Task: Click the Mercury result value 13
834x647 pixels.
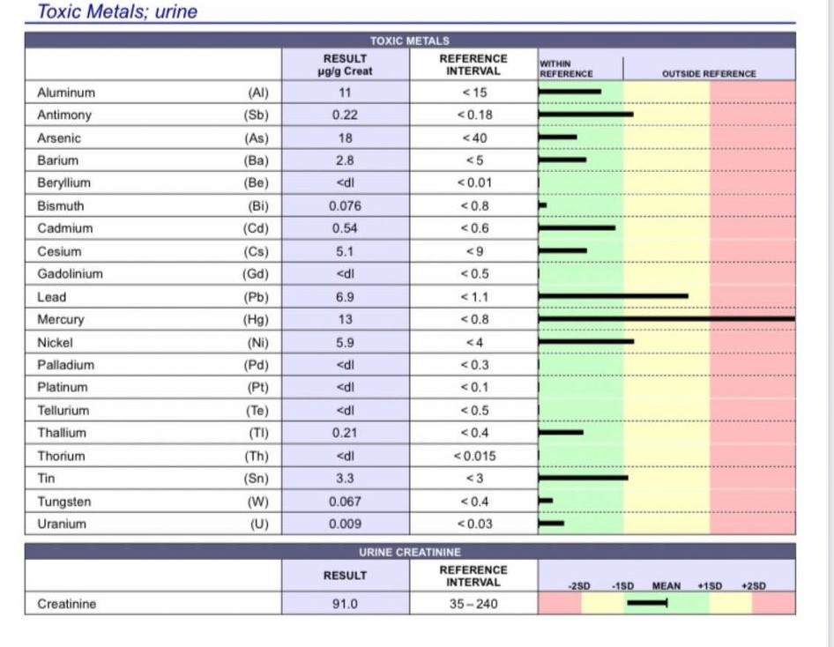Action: pos(346,319)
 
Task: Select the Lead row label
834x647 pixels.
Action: pos(51,297)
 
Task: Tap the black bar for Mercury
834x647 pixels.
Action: pos(666,318)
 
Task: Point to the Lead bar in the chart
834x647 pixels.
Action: pos(613,296)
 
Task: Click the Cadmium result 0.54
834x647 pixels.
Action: pos(346,228)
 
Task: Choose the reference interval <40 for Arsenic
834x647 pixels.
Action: pos(473,138)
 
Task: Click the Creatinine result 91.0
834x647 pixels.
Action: pos(346,604)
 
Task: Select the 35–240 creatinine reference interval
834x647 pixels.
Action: pos(473,604)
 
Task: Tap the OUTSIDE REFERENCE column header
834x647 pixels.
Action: pos(708,73)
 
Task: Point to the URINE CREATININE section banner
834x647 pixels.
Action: pos(410,552)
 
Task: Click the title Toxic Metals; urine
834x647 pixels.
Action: pos(117,12)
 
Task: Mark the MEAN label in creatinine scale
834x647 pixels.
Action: pos(666,585)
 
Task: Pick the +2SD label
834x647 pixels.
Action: pos(754,585)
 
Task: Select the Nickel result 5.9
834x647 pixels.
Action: pos(346,342)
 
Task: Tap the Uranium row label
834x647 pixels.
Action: pos(62,524)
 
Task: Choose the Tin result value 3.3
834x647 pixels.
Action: pos(346,479)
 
